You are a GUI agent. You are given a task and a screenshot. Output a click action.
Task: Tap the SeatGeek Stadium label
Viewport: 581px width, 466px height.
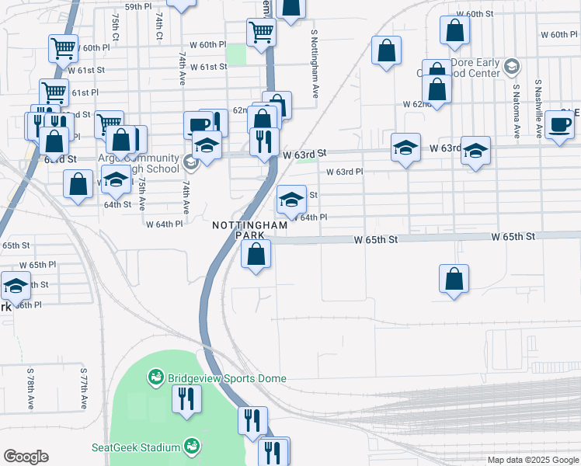pos(137,447)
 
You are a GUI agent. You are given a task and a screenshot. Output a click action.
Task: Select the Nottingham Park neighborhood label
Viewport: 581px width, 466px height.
pos(250,230)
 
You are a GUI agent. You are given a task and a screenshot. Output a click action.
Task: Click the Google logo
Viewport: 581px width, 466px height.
pos(26,457)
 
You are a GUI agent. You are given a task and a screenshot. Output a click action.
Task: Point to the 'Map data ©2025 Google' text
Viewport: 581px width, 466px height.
pos(532,460)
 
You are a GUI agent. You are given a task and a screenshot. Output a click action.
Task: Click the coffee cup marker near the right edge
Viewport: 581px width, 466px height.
pos(559,124)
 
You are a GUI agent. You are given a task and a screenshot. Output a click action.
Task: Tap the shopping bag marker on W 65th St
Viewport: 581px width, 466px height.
pos(256,253)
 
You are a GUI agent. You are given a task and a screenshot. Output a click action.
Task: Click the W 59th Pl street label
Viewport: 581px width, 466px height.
pos(138,6)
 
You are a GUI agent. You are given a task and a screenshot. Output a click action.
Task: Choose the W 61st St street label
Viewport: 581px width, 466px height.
pos(207,67)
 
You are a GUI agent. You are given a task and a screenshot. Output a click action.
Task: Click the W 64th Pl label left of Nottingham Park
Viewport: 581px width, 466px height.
pos(164,224)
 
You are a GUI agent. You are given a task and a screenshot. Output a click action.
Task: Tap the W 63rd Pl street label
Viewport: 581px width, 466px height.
pos(345,172)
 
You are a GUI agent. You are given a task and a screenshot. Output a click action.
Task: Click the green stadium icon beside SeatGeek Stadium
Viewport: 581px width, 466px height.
pos(192,447)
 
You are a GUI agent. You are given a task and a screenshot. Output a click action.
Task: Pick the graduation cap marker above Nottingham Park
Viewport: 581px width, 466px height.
pos(291,200)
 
